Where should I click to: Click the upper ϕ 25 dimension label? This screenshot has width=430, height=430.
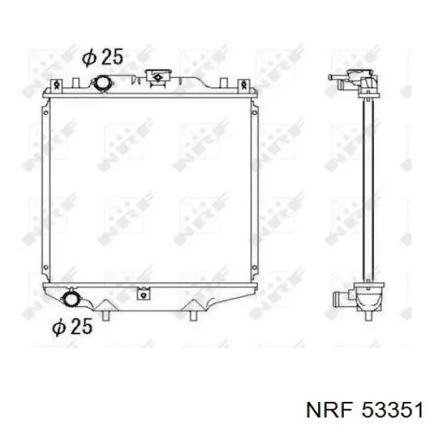(x=102, y=57)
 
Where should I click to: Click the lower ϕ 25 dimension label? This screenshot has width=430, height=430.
(x=72, y=326)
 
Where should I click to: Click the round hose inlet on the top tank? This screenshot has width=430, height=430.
(x=102, y=83)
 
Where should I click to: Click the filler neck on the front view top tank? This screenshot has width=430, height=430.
(x=158, y=76)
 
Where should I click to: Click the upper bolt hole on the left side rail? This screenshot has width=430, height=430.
(x=46, y=113)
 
